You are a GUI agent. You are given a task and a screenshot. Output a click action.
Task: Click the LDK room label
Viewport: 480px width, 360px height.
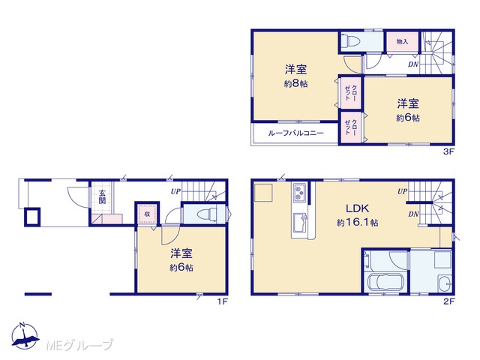[x=357, y=208]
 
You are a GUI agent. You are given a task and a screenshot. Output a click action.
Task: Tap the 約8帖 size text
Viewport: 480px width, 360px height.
[x=295, y=83]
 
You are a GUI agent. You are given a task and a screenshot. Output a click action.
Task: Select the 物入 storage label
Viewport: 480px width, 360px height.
[x=402, y=41]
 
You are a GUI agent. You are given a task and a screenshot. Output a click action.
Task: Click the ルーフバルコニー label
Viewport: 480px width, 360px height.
[x=295, y=133]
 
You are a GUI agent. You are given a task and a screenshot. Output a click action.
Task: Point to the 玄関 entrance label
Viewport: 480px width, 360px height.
[x=102, y=196]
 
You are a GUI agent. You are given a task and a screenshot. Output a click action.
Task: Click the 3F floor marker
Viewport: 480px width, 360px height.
[x=448, y=151]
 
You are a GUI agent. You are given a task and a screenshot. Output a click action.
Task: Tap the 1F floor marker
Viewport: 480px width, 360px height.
[x=222, y=301]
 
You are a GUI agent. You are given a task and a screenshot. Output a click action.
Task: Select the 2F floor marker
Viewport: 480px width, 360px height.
[x=448, y=301]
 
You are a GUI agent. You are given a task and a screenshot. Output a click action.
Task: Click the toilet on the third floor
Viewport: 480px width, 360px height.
[x=349, y=41]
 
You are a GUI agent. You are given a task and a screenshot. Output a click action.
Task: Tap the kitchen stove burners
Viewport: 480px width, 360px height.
[x=298, y=193]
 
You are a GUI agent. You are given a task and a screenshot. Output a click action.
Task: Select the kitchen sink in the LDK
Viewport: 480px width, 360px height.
[x=299, y=221]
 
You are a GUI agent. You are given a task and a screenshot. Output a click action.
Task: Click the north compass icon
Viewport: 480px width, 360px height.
[x=25, y=336]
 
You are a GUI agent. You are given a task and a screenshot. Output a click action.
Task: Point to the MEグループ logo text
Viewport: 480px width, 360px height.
[x=80, y=345]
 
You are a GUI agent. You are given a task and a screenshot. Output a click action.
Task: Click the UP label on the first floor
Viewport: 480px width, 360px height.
[x=175, y=192]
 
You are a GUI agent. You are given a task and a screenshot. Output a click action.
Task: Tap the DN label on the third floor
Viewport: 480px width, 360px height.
[x=413, y=64]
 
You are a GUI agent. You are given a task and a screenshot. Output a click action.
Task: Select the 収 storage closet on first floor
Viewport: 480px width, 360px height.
[x=147, y=214]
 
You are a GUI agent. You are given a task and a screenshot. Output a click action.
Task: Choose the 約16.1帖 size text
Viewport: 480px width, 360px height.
[x=357, y=223]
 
